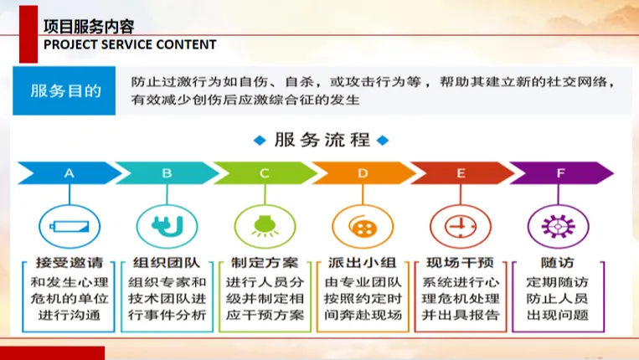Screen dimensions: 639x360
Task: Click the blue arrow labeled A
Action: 70,173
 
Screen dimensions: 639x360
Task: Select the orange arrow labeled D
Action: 363,173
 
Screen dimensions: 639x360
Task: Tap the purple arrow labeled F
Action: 561,173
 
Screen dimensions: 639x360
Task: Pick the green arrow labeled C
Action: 265,173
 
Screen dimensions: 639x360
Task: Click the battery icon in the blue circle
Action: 70,226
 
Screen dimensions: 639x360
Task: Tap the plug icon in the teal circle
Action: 167,226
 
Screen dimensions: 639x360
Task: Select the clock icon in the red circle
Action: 461,226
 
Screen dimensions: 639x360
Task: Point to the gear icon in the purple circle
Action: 559,226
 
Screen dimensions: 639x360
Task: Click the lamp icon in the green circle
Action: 265,226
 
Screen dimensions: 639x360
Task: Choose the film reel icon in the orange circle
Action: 363,226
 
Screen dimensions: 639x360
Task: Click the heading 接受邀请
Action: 70,263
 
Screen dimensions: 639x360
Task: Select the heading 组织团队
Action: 167,263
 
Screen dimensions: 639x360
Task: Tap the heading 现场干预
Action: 460,263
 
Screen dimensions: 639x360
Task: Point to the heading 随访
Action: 558,263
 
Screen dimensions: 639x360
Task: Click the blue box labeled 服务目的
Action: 64,90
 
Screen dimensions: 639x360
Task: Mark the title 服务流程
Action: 322,140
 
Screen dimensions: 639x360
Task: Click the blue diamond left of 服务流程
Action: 260,141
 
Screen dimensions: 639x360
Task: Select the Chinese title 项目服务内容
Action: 89,27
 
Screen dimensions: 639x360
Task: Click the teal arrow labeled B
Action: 167,173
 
